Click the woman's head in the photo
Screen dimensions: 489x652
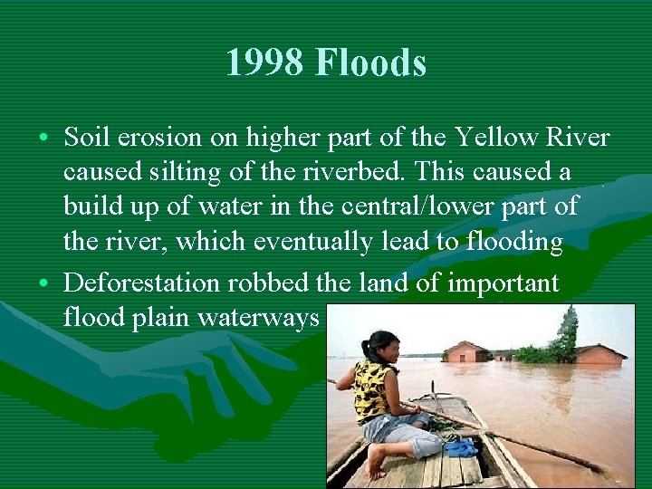click(379, 345)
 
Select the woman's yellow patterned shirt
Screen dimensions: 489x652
click(374, 389)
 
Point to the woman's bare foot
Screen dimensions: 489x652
click(377, 462)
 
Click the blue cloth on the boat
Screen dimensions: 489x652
click(461, 446)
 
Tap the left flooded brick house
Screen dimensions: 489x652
click(467, 352)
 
